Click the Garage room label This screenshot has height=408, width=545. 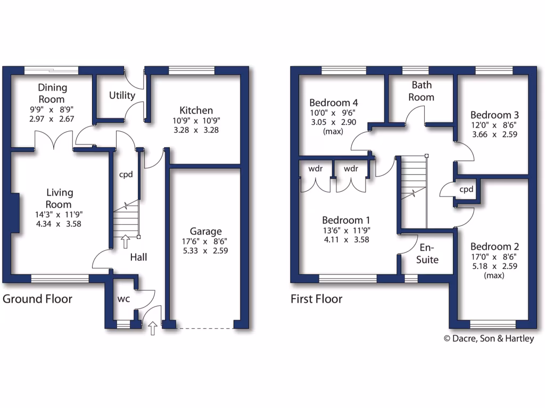(x=206, y=231)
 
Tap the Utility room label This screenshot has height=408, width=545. (x=122, y=96)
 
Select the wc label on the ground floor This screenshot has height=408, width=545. (x=123, y=299)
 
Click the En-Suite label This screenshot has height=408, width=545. (x=427, y=253)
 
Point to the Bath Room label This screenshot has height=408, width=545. (x=422, y=91)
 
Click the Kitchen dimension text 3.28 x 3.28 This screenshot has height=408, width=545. (x=196, y=130)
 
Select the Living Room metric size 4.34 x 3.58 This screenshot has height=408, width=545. (x=59, y=224)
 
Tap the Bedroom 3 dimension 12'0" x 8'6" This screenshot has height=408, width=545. (x=494, y=125)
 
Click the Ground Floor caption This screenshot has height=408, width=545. (x=37, y=299)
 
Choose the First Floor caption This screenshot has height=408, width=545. (x=316, y=299)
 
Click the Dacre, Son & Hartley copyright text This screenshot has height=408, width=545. (x=489, y=338)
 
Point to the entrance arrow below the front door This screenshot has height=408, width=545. (x=153, y=329)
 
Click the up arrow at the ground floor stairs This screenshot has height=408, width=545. (x=126, y=242)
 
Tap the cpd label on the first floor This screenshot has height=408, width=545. (x=466, y=189)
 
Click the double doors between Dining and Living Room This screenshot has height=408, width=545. (x=54, y=141)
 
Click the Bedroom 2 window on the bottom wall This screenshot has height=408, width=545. (x=493, y=324)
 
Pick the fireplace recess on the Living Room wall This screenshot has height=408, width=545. (x=15, y=213)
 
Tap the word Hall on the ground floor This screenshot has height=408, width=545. (x=139, y=257)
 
